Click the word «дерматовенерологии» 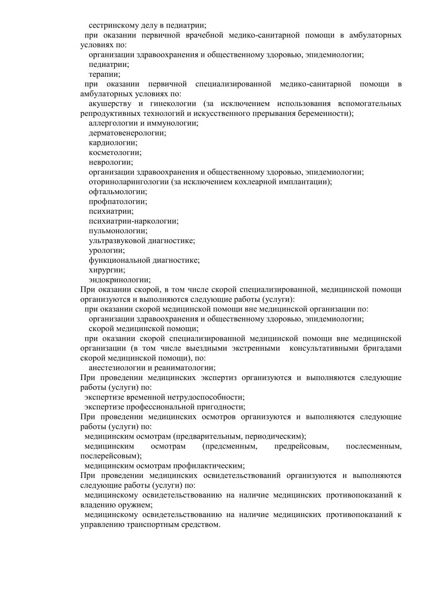pos(127,133)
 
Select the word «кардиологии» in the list pos(113,142)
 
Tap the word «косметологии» pos(115,152)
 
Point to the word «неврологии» pos(110,162)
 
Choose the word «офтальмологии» pos(117,191)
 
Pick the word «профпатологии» pos(117,201)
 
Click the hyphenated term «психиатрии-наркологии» pos(133,221)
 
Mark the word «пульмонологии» pos(117,230)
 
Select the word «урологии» pos(106,250)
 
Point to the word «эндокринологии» pos(119,280)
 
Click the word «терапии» pos(104,74)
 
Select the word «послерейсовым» pos(110,456)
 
